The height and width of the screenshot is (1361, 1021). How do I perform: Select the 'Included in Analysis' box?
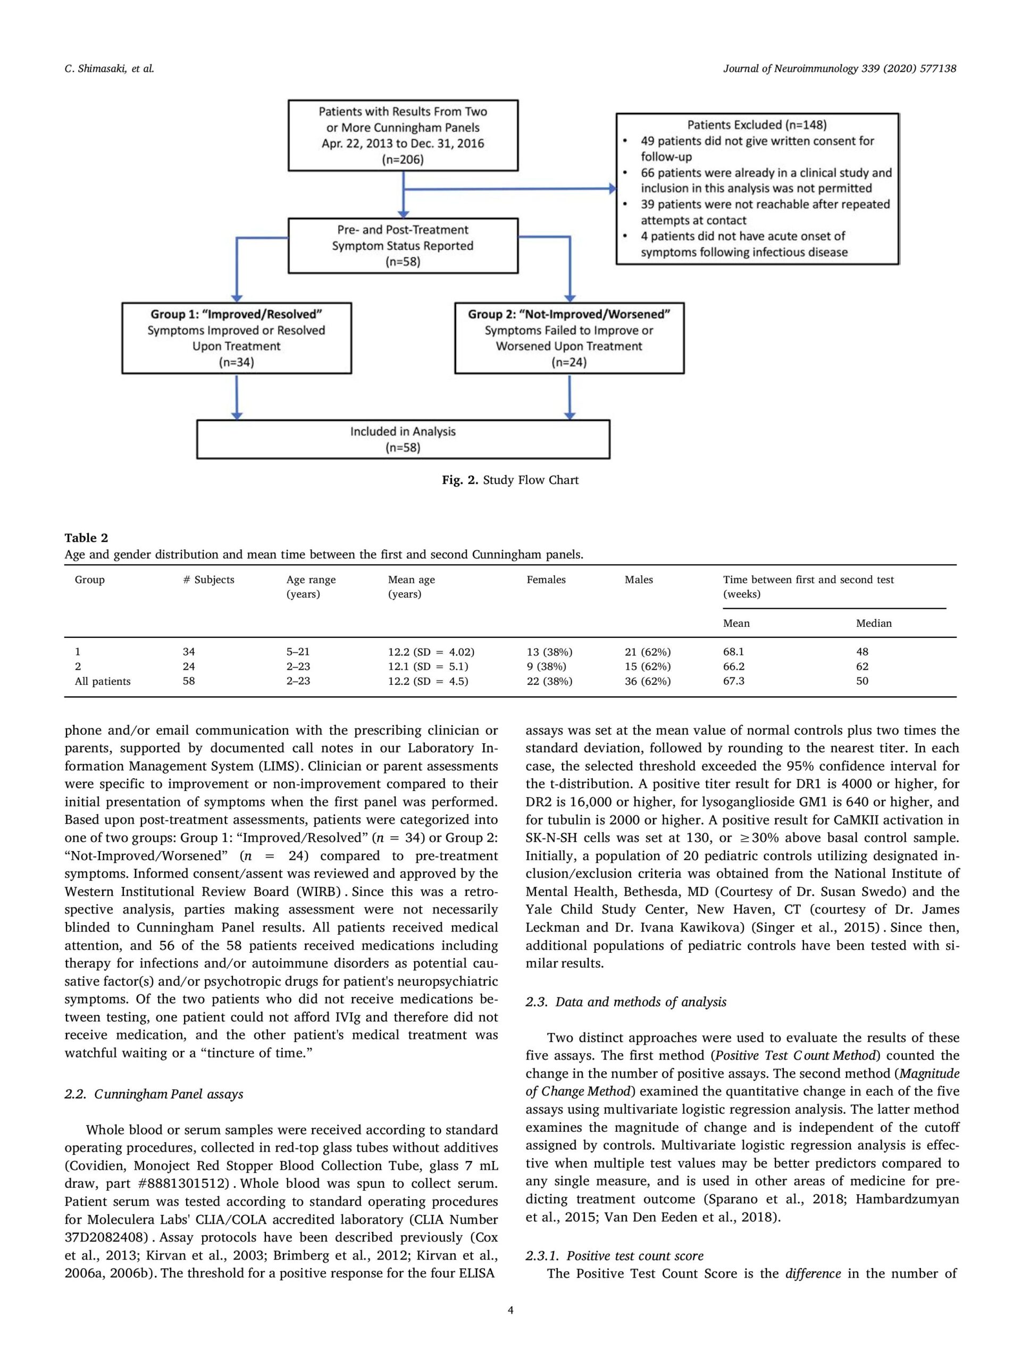(x=403, y=439)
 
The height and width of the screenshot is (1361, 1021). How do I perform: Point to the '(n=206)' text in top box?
(x=403, y=159)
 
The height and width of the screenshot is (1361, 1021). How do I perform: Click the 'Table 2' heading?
(x=86, y=538)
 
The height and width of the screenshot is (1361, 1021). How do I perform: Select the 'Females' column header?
(x=546, y=579)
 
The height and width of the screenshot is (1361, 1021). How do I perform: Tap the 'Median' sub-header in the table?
(x=873, y=623)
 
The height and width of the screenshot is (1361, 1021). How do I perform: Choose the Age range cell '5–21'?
(x=298, y=652)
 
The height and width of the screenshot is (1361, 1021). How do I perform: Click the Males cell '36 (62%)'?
(x=648, y=681)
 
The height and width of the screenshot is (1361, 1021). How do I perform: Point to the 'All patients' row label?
(x=103, y=681)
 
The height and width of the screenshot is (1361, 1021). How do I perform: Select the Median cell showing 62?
(x=861, y=666)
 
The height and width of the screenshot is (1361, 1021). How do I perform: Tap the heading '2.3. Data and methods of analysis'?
(x=625, y=1002)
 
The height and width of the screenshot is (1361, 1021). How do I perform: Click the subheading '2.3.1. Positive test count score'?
(x=614, y=1256)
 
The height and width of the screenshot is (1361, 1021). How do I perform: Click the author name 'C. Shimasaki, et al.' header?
(x=109, y=69)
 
